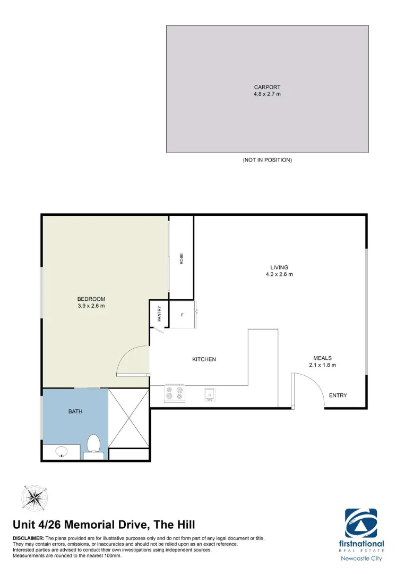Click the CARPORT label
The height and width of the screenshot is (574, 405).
pos(267,87)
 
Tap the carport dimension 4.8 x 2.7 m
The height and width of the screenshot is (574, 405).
pos(267,94)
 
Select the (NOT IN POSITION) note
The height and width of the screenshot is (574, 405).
pos(267,159)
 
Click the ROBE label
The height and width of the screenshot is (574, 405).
pos(181,259)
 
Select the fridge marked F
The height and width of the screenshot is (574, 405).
pos(183,316)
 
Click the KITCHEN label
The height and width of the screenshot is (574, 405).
pos(204,359)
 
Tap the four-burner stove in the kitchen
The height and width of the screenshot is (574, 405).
pos(174,393)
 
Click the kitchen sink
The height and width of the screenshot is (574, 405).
pos(209,394)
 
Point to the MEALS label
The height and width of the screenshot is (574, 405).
pos(322,358)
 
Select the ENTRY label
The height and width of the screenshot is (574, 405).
pos(338,395)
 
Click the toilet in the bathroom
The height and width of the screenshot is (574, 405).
pos(94,445)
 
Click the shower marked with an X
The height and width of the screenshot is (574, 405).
pos(128,418)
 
